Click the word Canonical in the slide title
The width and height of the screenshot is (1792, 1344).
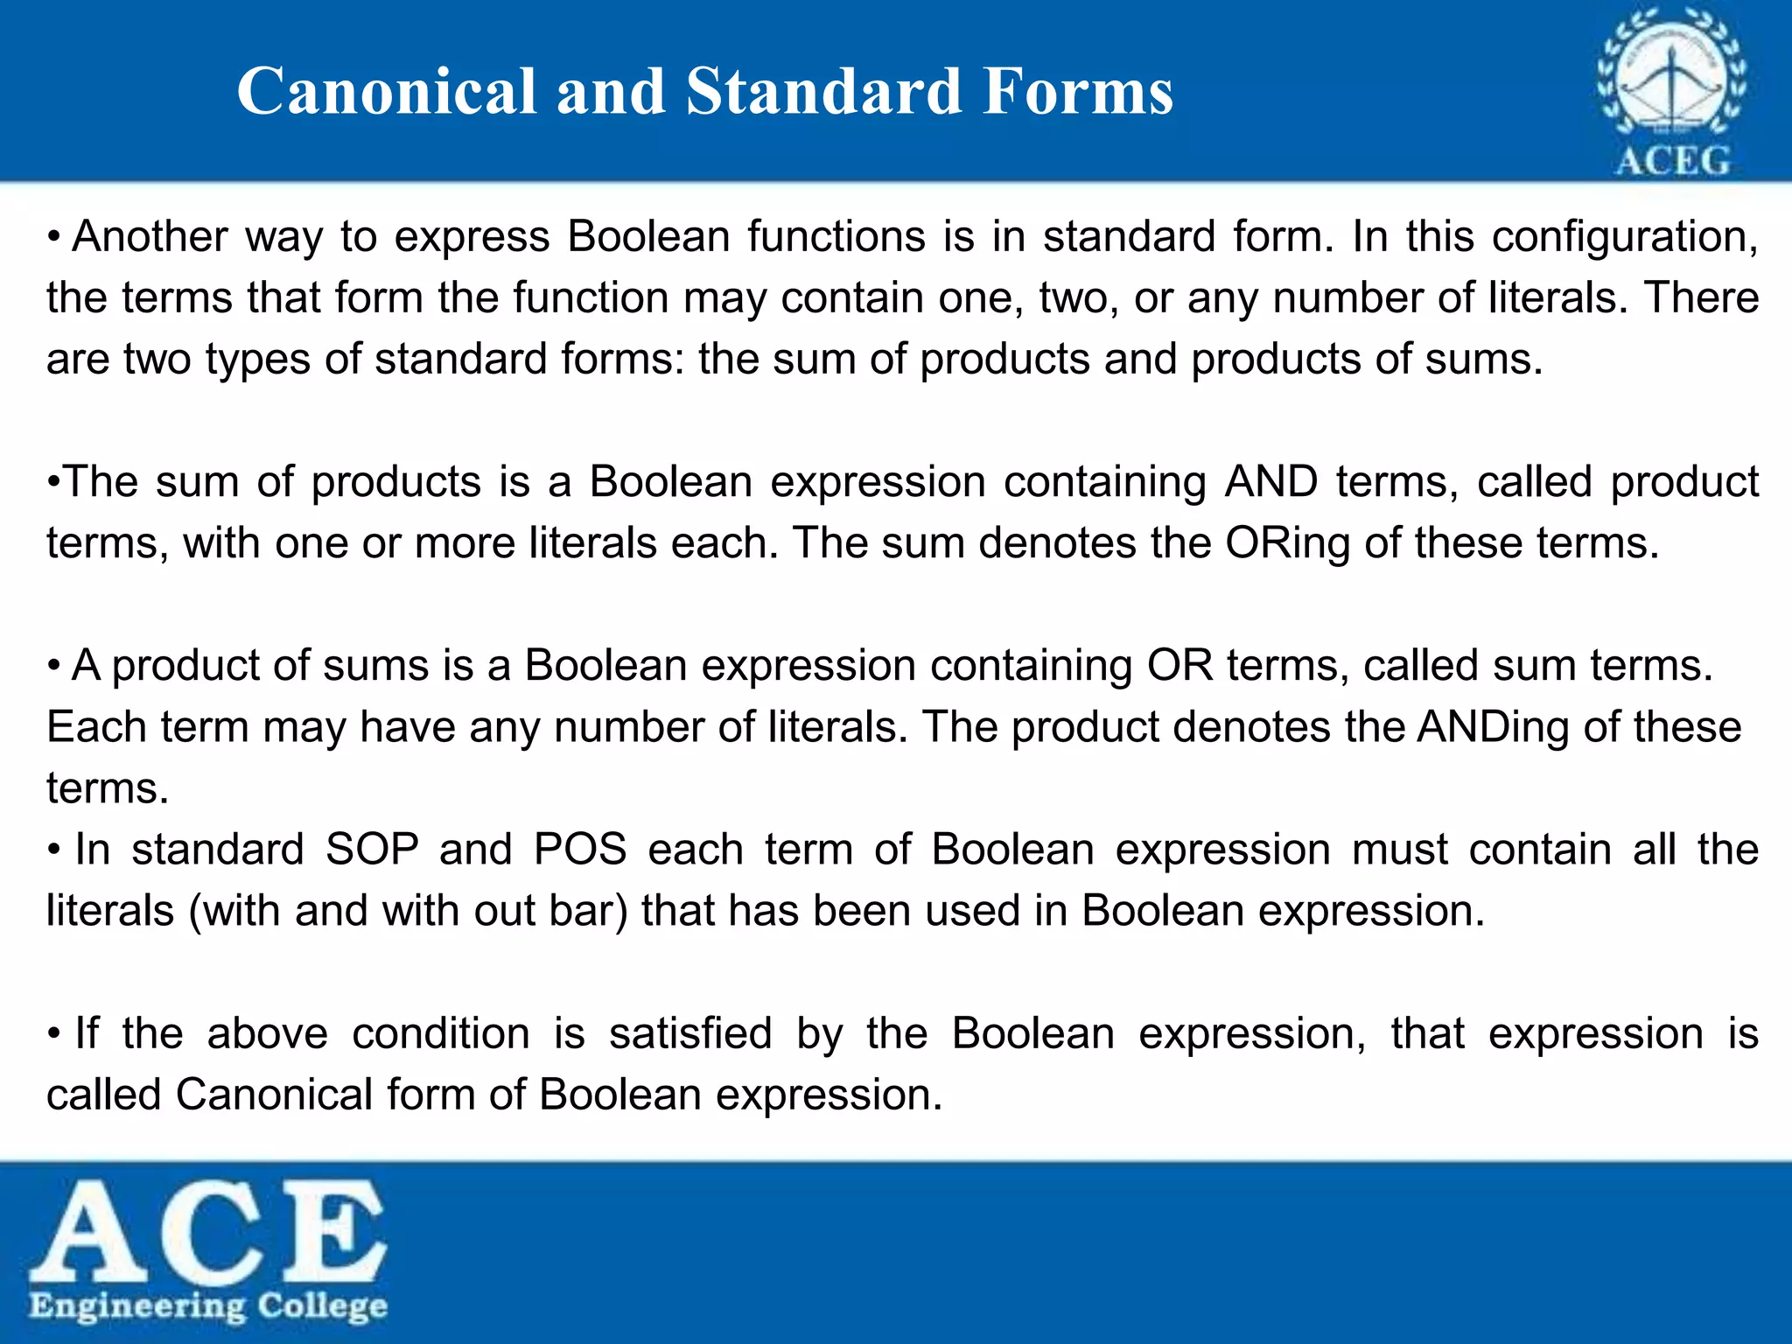[x=386, y=91]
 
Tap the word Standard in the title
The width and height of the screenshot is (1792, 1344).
[x=823, y=91]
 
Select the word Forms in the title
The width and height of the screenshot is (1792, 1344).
[x=1077, y=91]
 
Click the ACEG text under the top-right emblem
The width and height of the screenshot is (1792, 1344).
[x=1672, y=161]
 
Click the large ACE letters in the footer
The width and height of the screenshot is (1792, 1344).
[x=208, y=1229]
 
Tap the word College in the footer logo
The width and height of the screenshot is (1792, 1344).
[x=323, y=1305]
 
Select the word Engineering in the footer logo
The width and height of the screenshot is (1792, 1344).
[x=137, y=1307]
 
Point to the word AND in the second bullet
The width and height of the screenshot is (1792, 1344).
[x=1270, y=482]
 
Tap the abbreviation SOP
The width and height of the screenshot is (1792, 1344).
[x=372, y=850]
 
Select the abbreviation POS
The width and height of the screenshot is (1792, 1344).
[x=580, y=850]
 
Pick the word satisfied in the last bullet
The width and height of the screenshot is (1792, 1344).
[x=690, y=1034]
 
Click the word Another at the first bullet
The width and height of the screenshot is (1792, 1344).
[x=150, y=237]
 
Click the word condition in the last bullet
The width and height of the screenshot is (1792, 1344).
[x=441, y=1034]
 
